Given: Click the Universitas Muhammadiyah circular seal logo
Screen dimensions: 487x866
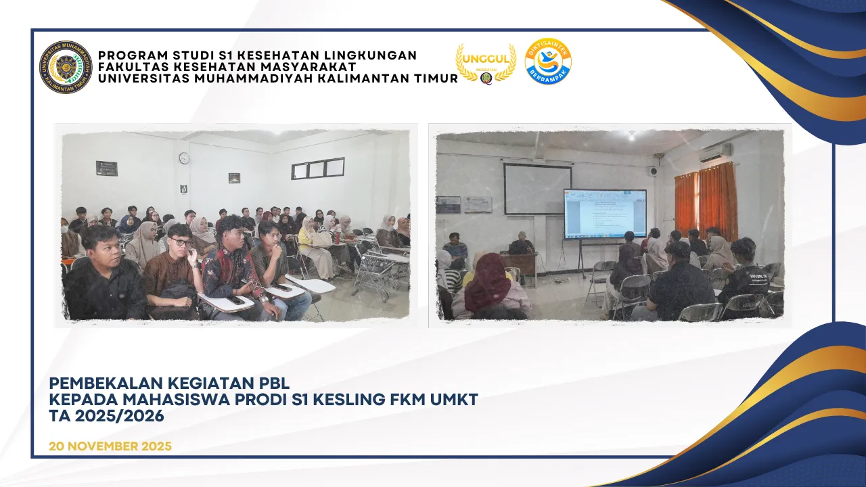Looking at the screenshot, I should click(x=66, y=68).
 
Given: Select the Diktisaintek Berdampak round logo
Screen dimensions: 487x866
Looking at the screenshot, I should click(x=548, y=62).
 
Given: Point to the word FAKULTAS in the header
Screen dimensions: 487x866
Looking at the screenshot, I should click(x=132, y=67).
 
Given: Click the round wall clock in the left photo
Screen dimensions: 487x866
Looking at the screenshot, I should click(x=184, y=158).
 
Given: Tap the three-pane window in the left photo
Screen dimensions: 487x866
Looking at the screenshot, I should click(x=318, y=168).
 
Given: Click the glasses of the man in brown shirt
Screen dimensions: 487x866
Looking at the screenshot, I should click(x=181, y=241).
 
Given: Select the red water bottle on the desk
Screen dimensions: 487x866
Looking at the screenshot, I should click(x=337, y=237).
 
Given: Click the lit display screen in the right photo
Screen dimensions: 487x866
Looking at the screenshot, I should click(x=605, y=214).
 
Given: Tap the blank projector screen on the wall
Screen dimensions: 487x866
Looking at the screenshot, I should click(x=537, y=189).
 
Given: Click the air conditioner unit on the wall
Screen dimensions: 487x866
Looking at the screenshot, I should click(x=715, y=153).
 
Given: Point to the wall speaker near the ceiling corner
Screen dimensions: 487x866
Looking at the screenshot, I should click(x=654, y=171).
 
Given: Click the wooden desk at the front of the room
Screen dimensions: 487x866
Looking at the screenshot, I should click(x=520, y=266).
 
